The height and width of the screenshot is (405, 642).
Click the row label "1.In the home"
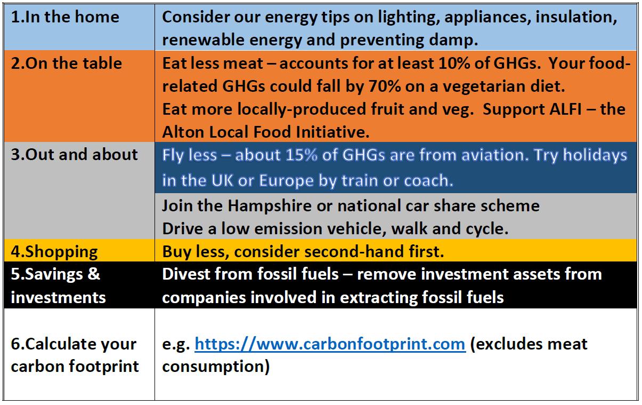65,17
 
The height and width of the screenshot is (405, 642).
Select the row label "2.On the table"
67,63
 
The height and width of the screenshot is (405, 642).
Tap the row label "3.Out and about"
74,155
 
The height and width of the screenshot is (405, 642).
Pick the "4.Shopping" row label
54,252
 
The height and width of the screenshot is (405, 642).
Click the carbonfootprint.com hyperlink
330,344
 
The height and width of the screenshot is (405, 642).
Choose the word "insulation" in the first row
576,17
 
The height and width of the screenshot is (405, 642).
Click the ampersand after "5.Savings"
94,274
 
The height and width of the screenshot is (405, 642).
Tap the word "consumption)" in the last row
216,367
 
